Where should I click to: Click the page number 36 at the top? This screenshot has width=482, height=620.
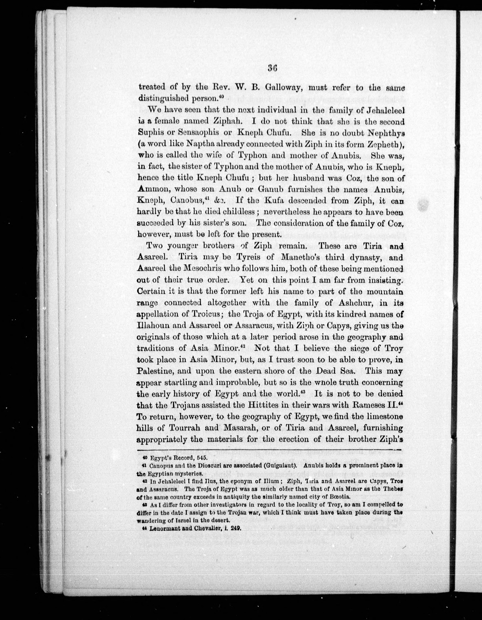pyautogui.click(x=272, y=69)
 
